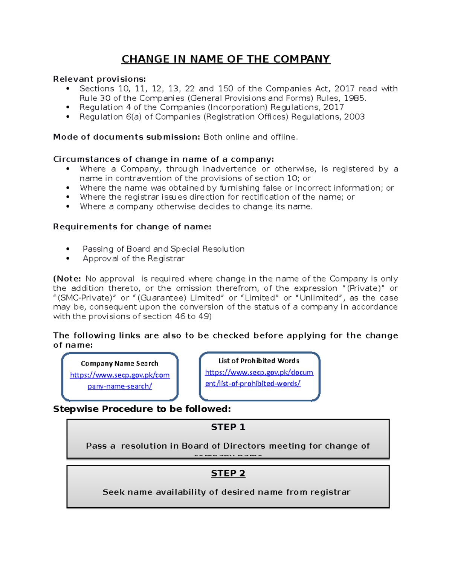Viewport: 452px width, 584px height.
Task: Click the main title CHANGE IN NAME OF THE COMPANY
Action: pos(226,59)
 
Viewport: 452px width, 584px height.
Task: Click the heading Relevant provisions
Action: pos(99,79)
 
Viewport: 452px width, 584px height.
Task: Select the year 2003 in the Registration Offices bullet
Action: pos(354,117)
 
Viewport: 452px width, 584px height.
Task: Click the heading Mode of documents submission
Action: pos(127,137)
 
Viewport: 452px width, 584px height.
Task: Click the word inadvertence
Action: pos(229,169)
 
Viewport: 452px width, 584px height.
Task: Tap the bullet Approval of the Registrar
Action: pos(133,259)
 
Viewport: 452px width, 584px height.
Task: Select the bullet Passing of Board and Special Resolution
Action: pos(163,249)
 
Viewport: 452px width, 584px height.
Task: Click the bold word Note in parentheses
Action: pos(68,279)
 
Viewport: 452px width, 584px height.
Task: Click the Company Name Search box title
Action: pos(119,364)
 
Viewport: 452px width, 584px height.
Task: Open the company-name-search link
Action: pos(120,381)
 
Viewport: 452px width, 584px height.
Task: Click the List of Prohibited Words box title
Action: pos(259,361)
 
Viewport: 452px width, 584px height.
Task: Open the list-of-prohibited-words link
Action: pos(259,378)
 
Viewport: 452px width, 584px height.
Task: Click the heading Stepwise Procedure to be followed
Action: pos(142,409)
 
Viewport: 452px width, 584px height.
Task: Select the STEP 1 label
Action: pos(228,427)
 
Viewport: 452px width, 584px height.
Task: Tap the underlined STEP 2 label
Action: pos(228,473)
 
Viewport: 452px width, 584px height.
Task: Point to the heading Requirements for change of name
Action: pos(132,227)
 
